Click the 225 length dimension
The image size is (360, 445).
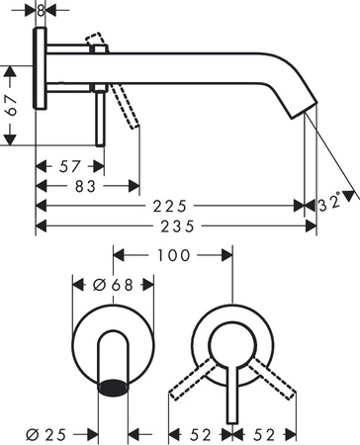click(x=170, y=206)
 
